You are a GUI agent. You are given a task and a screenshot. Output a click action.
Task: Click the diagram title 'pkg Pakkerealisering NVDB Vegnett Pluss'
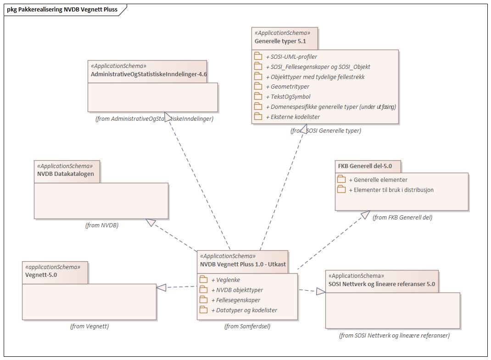point(62,9)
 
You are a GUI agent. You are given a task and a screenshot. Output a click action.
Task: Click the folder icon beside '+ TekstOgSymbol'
point(258,96)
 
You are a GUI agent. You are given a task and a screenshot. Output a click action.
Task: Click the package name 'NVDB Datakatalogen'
point(66,174)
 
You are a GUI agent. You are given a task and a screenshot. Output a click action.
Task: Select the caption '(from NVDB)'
point(102,225)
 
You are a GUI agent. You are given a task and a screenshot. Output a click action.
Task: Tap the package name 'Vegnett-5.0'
point(41,275)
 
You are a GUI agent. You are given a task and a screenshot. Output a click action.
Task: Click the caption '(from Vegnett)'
point(89,326)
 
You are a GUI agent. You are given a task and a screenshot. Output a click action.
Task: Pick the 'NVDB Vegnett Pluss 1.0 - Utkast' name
point(243,264)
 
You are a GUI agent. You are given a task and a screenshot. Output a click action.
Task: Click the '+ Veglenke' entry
point(225,280)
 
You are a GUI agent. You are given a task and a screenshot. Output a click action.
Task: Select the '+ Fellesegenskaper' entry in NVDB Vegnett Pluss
point(235,300)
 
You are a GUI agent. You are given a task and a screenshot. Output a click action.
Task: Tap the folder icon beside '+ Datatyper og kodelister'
point(203,310)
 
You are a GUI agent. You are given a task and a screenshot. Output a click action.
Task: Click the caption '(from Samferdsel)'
point(247,326)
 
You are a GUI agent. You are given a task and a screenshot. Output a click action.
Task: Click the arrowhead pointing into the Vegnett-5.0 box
point(161,287)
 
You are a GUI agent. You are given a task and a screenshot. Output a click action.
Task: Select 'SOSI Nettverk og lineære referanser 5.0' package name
point(382,284)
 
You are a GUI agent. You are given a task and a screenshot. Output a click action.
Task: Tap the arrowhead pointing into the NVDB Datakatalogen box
point(151,223)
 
